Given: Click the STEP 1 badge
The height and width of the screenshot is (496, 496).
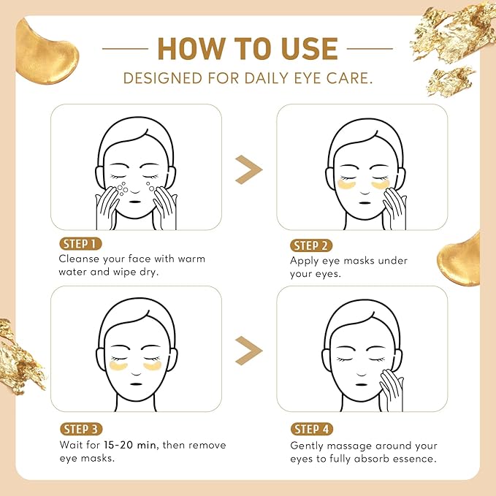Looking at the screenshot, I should (x=80, y=244).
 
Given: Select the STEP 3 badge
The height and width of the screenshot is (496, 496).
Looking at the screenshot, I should (x=80, y=429).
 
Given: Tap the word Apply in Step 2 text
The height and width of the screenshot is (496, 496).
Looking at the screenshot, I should (x=305, y=261).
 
